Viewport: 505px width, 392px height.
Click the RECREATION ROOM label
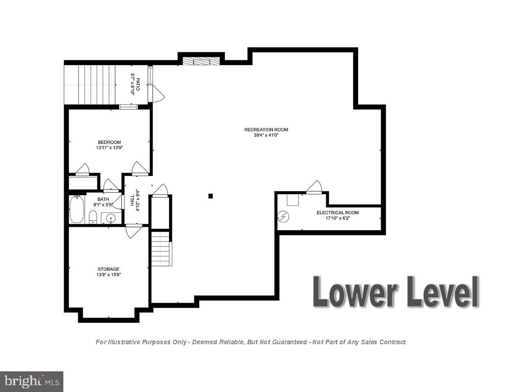pyautogui.click(x=266, y=129)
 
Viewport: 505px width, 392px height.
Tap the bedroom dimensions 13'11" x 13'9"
pyautogui.click(x=109, y=148)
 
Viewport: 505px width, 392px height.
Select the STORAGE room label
pyautogui.click(x=108, y=269)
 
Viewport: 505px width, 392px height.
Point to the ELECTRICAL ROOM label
pyautogui.click(x=337, y=213)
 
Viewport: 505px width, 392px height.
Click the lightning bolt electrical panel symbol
pyautogui.click(x=283, y=216)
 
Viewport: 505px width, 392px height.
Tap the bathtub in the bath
pyautogui.click(x=77, y=210)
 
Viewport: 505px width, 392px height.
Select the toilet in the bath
pyautogui.click(x=92, y=217)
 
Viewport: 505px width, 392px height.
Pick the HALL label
pyautogui.click(x=132, y=200)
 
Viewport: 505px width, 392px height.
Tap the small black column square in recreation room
pyautogui.click(x=211, y=196)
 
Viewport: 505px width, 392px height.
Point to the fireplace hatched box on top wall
pyautogui.click(x=201, y=61)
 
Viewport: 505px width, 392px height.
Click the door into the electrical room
pyautogui.click(x=314, y=187)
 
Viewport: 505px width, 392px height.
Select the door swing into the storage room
pyautogui.click(x=134, y=231)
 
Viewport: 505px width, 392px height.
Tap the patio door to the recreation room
pyautogui.click(x=158, y=94)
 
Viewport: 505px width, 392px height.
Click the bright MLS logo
pyautogui.click(x=31, y=381)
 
